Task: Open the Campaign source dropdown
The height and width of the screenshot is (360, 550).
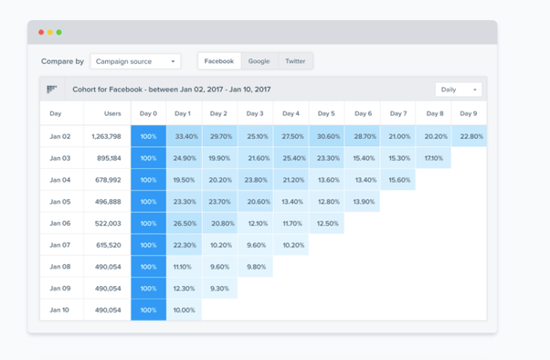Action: point(135,61)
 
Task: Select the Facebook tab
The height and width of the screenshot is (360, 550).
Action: point(219,61)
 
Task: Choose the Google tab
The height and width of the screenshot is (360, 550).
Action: point(259,61)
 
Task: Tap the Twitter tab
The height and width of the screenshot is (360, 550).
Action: point(295,61)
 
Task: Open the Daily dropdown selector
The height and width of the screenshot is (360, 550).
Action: point(458,90)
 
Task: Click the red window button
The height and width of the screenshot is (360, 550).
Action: point(41,32)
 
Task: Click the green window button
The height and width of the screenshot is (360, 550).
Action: point(59,32)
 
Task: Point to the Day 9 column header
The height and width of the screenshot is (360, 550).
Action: point(469,113)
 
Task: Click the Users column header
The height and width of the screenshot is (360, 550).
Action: point(106,113)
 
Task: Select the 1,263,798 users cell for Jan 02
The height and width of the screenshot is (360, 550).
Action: point(106,136)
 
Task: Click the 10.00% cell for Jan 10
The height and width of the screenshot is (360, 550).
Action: point(184,310)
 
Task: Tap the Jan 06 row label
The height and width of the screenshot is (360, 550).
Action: point(60,223)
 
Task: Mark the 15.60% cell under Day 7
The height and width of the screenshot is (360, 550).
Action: point(398,180)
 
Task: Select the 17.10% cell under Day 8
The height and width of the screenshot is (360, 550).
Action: point(434,158)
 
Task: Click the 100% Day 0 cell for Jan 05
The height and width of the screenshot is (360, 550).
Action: point(148,202)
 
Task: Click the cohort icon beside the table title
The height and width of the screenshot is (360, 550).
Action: point(52,90)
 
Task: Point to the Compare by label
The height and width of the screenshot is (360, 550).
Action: point(62,61)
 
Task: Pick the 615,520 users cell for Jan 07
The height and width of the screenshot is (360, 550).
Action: point(106,245)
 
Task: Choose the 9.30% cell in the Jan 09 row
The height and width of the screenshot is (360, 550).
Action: point(219,288)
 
